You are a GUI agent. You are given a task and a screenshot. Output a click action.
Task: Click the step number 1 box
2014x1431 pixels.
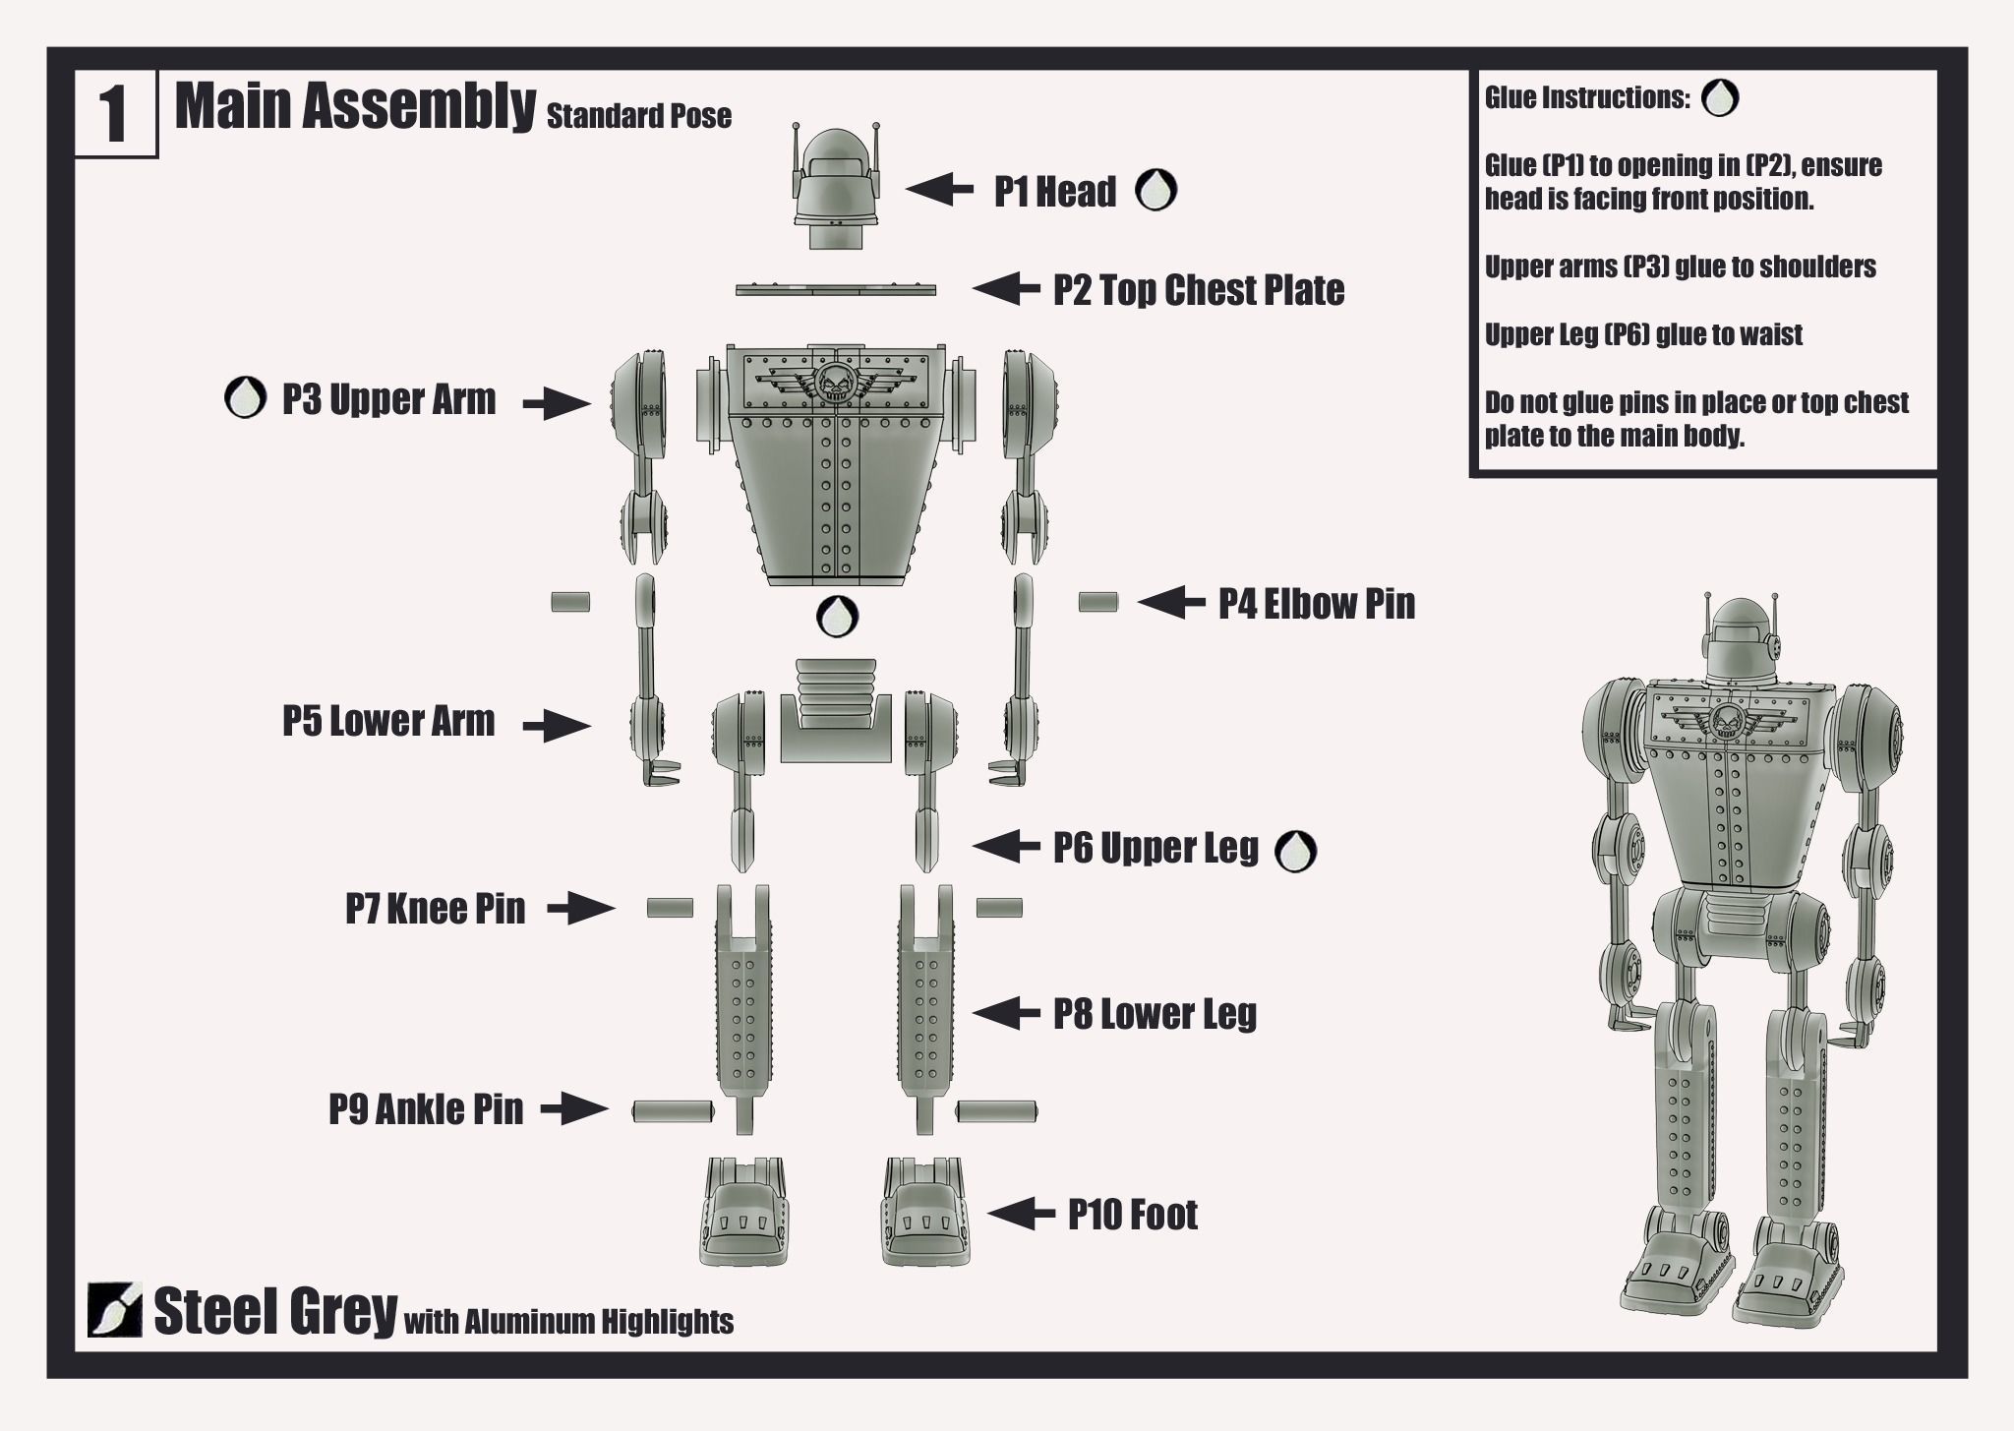coord(115,115)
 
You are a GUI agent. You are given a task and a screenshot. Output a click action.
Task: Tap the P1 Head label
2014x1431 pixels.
coord(1054,192)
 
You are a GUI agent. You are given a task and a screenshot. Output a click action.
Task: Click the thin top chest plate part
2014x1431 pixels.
coord(836,290)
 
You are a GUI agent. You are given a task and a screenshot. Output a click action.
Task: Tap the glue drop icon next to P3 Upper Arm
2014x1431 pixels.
coord(245,398)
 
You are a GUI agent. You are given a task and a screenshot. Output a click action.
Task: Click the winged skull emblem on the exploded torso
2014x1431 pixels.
coord(835,381)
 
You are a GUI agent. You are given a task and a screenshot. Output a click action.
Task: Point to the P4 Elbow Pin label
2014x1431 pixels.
coord(1317,603)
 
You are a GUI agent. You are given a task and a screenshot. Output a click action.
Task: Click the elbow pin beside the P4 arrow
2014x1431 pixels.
coord(1097,602)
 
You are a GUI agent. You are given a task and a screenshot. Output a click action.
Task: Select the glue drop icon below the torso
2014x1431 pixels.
coord(837,617)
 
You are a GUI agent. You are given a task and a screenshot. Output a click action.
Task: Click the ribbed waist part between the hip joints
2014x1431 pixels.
coord(836,708)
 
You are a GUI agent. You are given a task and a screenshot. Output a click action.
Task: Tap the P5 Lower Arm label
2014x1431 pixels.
coord(388,721)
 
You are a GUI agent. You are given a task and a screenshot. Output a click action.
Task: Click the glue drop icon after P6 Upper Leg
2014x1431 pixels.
coord(1295,851)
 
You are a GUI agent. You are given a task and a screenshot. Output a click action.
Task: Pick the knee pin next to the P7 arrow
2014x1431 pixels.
coord(670,908)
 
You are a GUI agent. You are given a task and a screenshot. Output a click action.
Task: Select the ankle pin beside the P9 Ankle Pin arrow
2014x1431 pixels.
coord(672,1111)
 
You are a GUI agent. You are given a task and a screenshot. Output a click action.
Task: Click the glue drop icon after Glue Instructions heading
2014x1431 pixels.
coord(1719,98)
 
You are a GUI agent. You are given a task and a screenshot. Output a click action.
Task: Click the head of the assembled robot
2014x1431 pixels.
coord(1743,639)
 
